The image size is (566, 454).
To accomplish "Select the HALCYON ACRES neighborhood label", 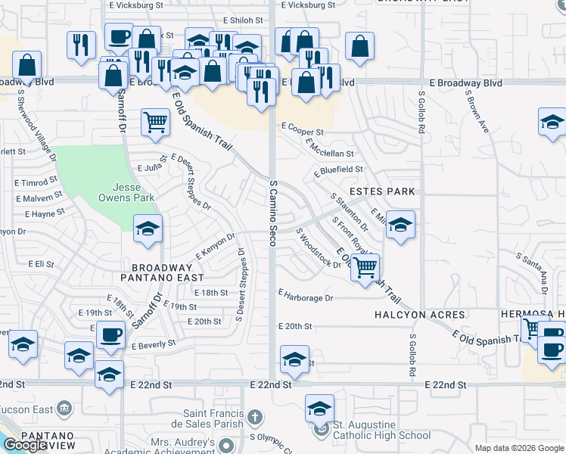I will click(413, 313).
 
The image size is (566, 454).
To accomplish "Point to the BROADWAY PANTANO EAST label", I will click(162, 273).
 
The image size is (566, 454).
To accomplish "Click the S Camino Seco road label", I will click(272, 213).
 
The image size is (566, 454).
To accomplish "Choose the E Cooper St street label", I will click(303, 130).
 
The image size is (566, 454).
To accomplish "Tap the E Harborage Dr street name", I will click(306, 298).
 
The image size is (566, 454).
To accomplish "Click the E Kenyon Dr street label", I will click(216, 247).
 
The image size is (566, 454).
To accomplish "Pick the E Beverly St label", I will click(153, 344).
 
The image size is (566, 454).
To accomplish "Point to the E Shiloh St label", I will click(244, 20).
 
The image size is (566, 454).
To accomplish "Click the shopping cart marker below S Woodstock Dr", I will click(365, 267).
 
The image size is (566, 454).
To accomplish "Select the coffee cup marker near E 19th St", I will click(110, 334).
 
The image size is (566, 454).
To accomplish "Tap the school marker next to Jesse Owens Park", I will click(148, 229).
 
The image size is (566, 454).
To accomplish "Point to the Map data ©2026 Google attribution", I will click(518, 448).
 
